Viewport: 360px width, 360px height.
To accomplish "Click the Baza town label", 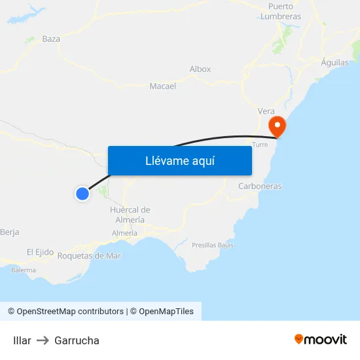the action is (51, 39).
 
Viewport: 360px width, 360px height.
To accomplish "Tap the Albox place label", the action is (200, 69).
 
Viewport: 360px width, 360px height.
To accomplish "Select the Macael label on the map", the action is (163, 86).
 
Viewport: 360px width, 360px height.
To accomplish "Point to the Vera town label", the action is (266, 111).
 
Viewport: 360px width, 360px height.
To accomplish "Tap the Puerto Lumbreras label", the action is (281, 11).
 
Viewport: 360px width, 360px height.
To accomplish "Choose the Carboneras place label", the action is (260, 187).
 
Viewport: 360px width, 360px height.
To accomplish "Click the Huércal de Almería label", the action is (131, 215).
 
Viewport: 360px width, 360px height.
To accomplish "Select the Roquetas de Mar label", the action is (90, 256).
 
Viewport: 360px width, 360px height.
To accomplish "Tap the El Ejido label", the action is (40, 252).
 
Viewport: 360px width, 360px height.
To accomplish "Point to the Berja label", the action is (10, 232).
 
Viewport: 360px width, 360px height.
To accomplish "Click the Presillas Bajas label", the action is (213, 245).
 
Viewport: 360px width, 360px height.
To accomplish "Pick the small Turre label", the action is (260, 145).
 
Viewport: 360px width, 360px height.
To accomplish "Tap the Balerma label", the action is (24, 270).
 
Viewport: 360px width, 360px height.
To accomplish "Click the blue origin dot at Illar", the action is (82, 193).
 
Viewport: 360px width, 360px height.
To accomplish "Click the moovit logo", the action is (321, 340).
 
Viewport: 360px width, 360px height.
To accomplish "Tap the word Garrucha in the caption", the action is (77, 340).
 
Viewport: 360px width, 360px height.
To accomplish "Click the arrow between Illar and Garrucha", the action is (43, 340).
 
